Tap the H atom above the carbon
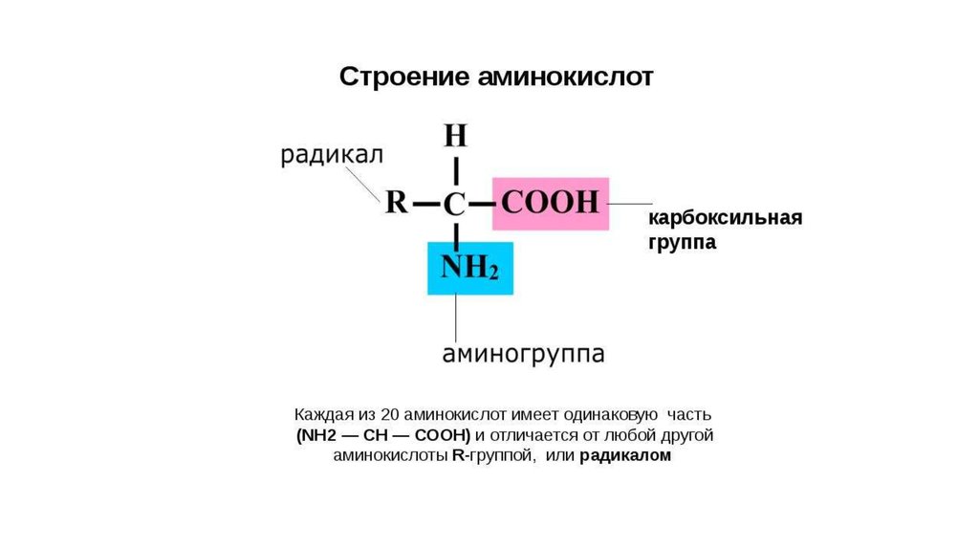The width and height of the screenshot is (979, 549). pyautogui.click(x=456, y=135)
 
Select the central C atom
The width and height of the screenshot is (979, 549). pyautogui.click(x=455, y=204)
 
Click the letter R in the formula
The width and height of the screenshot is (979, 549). pyautogui.click(x=396, y=204)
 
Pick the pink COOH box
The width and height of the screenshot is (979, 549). pyautogui.click(x=551, y=204)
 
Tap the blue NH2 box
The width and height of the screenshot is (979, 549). pyautogui.click(x=469, y=268)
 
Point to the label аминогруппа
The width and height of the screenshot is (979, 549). pyautogui.click(x=523, y=354)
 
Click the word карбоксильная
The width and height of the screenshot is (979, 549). pyautogui.click(x=726, y=218)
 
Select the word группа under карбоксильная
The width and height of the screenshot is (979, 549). pyautogui.click(x=683, y=243)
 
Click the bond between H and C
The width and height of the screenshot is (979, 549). pyautogui.click(x=456, y=170)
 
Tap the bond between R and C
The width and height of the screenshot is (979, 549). pyautogui.click(x=425, y=204)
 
